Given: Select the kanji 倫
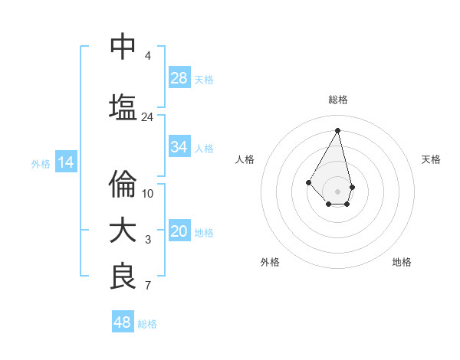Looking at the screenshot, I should click(123, 185).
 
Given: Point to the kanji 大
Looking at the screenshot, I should click(123, 231).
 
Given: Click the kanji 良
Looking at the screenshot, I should click(123, 277).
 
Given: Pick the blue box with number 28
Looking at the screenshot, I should click(179, 78).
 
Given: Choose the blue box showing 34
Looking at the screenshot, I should click(179, 147).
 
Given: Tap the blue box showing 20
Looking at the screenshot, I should click(179, 231).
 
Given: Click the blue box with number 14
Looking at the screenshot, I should click(65, 162).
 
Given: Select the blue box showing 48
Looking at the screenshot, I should click(123, 322).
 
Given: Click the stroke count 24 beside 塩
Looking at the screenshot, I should click(147, 117).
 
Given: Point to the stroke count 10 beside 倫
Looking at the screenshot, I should click(148, 194).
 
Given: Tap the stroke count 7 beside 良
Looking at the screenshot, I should click(148, 286).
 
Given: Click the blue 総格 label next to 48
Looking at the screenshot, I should click(147, 324).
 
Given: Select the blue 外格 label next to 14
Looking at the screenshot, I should click(40, 163).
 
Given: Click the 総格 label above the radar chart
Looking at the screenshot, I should click(338, 100).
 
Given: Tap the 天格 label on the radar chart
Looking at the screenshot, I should click(431, 159).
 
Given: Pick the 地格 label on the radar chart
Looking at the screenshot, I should click(402, 262).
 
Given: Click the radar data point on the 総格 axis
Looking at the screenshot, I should click(338, 130).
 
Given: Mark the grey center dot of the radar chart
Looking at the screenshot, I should click(338, 191).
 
